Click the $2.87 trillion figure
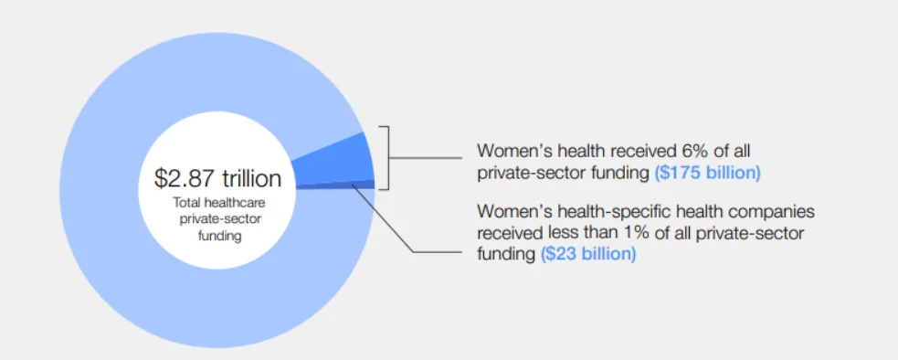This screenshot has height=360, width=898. (x=217, y=178)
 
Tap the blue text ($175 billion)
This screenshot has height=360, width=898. (x=707, y=173)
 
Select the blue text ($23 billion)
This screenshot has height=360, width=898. (x=588, y=253)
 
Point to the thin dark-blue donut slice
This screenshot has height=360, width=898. (x=338, y=185)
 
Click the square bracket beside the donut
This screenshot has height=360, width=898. (x=388, y=158)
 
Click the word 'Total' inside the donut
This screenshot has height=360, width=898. (x=184, y=203)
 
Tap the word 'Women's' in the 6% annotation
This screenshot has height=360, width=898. (x=511, y=151)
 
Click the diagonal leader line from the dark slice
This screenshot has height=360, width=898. (x=383, y=217)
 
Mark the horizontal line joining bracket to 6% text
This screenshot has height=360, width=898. (x=425, y=158)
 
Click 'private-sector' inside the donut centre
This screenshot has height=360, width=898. (x=219, y=219)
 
